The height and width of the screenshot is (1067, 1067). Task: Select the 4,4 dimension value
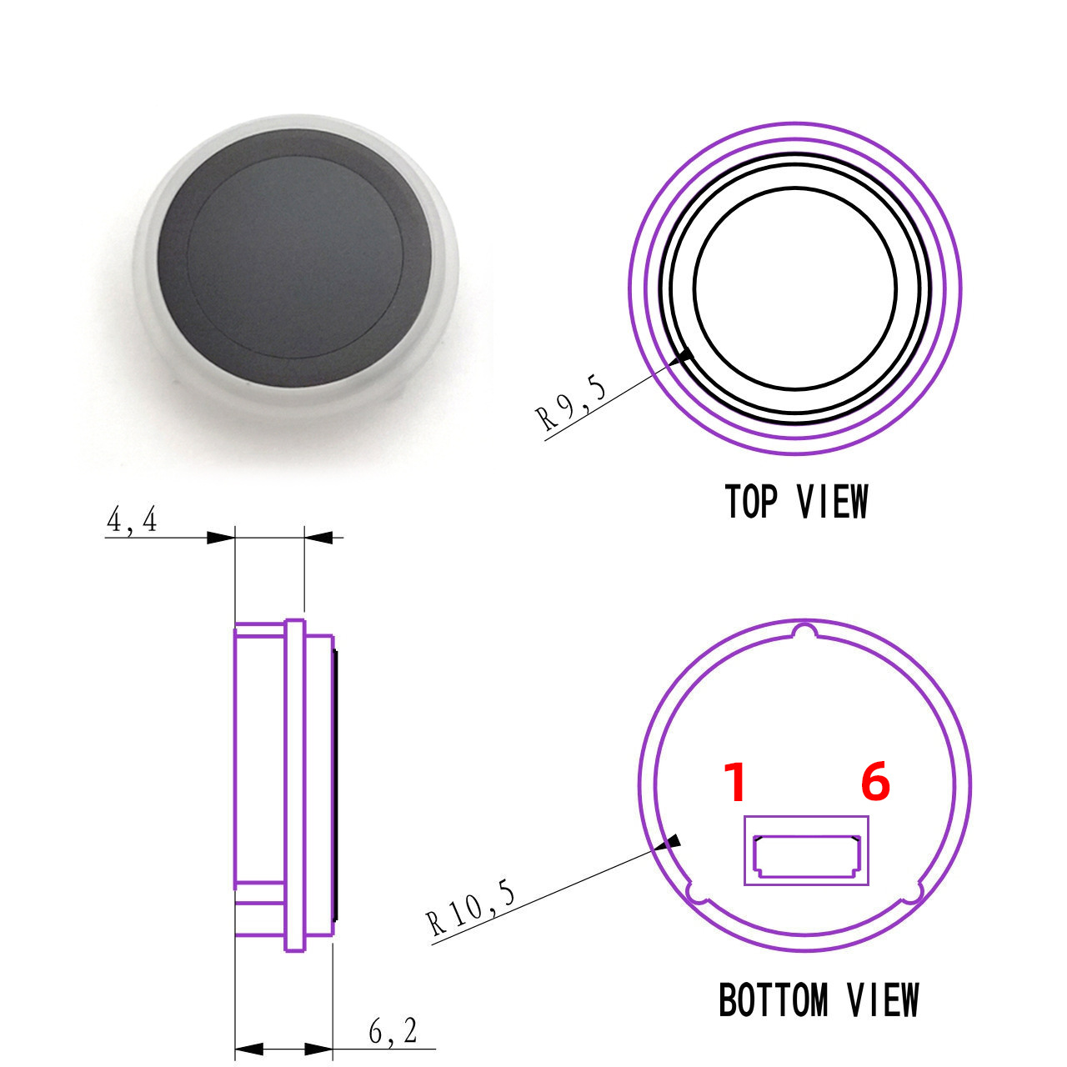click(x=131, y=521)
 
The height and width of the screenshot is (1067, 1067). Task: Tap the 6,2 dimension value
click(x=393, y=1032)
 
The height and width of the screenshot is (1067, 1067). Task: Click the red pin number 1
click(x=734, y=783)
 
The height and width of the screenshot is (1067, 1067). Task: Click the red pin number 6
click(x=875, y=783)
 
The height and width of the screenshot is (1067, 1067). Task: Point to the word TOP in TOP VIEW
click(x=751, y=502)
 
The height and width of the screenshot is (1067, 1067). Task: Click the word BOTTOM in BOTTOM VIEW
click(x=774, y=1000)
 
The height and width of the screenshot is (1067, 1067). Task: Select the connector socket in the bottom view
click(x=806, y=856)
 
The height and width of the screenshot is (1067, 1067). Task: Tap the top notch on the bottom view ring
click(x=804, y=631)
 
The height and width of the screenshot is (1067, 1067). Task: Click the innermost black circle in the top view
click(x=795, y=288)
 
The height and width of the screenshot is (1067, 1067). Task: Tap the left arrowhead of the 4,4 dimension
click(x=220, y=538)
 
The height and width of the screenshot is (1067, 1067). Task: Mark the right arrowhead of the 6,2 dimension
click(x=319, y=1049)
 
